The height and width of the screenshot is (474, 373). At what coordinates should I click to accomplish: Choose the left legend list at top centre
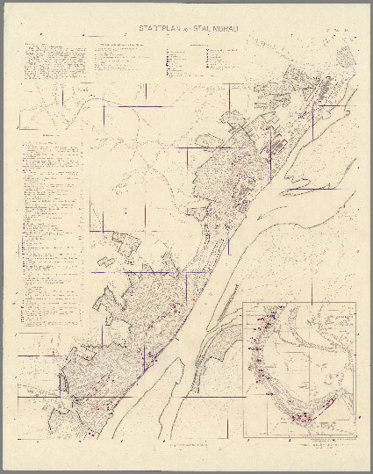[x=127, y=61]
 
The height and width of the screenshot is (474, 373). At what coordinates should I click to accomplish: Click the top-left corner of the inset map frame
[x=244, y=302]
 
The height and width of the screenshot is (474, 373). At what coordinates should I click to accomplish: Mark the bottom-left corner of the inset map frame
[x=244, y=436]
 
